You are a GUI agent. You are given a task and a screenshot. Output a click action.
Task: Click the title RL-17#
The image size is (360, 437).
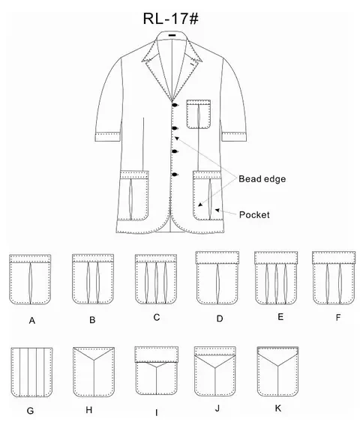point(171,19)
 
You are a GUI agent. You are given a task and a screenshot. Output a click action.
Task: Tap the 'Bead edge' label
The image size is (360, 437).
point(262,178)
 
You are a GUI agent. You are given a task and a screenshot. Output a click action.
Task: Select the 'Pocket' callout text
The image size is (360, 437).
point(254,214)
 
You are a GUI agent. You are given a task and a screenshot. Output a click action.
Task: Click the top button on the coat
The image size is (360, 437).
point(175,105)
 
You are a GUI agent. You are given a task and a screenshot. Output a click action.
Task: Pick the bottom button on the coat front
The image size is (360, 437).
point(175,175)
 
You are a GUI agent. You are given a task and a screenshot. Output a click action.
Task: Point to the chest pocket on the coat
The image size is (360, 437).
point(198,114)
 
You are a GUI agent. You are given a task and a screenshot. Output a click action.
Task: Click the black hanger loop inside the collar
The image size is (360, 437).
point(172,35)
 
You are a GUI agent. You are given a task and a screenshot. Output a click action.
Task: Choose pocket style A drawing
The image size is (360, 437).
point(30,279)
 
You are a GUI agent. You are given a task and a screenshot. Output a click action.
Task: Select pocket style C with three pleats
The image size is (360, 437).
point(156,279)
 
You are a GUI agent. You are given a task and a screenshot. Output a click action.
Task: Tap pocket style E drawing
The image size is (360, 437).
point(276,277)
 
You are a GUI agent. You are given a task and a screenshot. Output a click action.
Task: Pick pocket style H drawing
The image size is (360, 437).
point(94,372)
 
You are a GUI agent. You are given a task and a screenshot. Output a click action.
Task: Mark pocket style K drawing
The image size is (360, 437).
point(277,371)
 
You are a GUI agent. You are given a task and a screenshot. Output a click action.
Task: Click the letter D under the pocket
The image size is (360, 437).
point(220,319)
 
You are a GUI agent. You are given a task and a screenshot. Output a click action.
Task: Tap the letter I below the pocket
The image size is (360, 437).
point(157,413)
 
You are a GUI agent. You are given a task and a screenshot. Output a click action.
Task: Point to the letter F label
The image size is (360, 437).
point(338,317)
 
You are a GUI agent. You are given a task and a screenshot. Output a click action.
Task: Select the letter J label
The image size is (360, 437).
point(217,409)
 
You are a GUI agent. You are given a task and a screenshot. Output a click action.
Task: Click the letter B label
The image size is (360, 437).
point(92,319)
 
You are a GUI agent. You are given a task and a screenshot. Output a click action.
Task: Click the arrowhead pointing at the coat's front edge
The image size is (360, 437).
point(177,138)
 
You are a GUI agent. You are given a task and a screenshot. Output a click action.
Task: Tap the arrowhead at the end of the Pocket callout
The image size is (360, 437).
point(217,210)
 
